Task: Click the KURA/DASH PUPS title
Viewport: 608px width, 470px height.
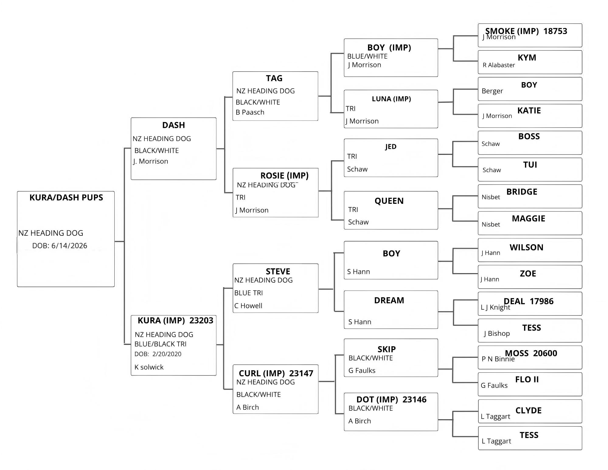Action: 66,197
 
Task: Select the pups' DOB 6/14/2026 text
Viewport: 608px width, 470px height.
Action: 60,245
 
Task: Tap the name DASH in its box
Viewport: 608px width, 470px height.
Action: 173,125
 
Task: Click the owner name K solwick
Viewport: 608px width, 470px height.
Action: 149,367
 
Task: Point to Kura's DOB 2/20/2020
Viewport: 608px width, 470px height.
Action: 158,354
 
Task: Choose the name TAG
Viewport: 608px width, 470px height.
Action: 274,78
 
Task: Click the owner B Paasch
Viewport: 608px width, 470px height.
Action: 250,112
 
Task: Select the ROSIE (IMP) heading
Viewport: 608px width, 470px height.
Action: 284,176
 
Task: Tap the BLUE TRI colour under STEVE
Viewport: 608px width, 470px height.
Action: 248,293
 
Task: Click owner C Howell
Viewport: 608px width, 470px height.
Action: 248,305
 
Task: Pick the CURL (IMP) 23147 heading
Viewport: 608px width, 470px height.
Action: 276,373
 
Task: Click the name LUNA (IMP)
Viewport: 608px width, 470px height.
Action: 391,99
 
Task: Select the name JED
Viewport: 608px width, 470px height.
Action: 391,147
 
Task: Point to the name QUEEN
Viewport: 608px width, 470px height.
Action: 389,201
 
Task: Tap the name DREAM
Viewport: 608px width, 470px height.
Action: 389,300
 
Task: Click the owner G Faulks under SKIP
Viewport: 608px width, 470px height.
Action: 362,370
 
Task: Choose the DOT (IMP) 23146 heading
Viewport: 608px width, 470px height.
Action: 391,399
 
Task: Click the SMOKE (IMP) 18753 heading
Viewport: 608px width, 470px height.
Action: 526,31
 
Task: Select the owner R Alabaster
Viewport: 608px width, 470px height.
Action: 499,65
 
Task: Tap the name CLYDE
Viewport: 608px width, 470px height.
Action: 528,410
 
